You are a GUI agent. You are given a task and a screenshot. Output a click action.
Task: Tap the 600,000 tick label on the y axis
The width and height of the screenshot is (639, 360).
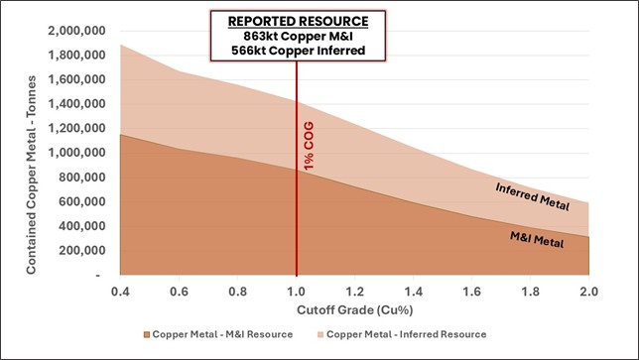[81, 201]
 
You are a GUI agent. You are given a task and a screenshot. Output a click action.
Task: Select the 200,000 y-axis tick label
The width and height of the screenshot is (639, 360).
[81, 250]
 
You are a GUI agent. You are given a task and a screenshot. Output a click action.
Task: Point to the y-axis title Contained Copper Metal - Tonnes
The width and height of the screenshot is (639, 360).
[32, 151]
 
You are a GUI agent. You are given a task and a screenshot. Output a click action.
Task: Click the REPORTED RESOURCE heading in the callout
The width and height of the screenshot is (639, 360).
[297, 20]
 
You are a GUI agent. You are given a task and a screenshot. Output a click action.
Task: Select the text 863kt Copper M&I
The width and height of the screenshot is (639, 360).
[297, 35]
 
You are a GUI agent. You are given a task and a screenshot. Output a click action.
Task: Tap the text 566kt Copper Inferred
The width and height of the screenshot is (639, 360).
[297, 51]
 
